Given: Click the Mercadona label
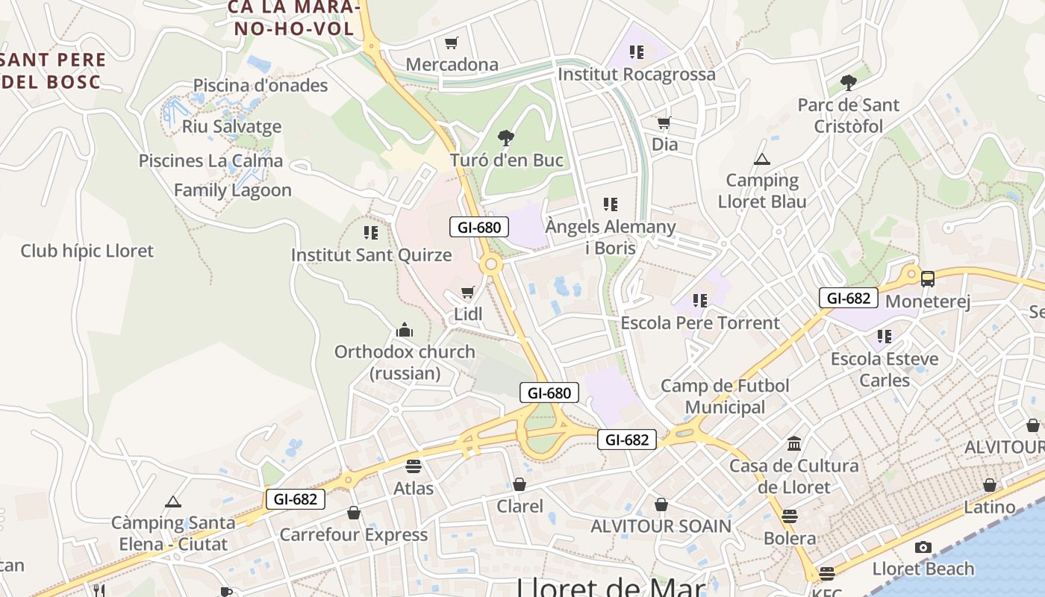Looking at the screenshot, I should (x=452, y=64).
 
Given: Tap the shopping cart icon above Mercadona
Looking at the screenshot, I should (x=451, y=43).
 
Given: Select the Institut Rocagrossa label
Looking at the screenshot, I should (x=636, y=74).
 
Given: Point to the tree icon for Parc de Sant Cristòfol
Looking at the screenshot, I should (x=848, y=82).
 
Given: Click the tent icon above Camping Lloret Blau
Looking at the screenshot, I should (x=761, y=159).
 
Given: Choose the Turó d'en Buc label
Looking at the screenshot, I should (x=506, y=160).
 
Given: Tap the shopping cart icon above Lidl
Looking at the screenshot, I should (x=468, y=293).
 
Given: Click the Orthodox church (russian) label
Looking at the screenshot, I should (x=405, y=362).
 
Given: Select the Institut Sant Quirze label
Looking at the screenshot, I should (x=371, y=254).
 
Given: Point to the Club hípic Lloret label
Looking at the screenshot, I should (x=87, y=251).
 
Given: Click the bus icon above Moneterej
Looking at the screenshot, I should (x=928, y=279).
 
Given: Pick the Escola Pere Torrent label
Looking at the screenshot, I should (x=700, y=322).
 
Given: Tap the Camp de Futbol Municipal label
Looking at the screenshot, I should (x=725, y=396).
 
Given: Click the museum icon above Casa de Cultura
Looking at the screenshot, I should (x=794, y=444).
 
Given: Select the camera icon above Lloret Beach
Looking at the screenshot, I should (x=923, y=547).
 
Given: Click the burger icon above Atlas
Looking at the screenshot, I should (x=414, y=466).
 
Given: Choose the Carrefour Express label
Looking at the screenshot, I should (x=354, y=534).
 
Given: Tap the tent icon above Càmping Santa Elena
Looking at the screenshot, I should (x=173, y=501).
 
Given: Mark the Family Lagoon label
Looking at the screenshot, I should (x=233, y=190).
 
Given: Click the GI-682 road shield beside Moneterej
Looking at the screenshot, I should (x=849, y=298).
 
